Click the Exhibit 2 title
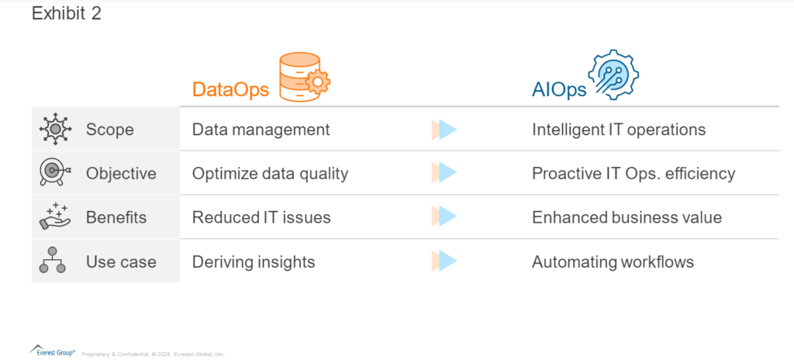coord(67,14)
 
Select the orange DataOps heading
coord(230,90)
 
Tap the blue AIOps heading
coord(559,90)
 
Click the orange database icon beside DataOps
coord(304,77)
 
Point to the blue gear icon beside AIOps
coord(613,75)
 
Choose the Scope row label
coord(110,130)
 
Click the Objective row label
coord(121,174)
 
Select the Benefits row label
coord(116,217)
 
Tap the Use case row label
coord(121,262)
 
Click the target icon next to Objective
coord(55,173)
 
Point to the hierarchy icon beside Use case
coord(52,260)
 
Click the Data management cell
coord(261,130)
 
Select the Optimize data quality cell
coord(270,174)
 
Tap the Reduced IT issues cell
coord(261,217)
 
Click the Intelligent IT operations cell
coord(619,130)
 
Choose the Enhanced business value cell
coord(627,217)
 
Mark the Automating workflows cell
coord(613,262)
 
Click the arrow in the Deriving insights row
coord(444,261)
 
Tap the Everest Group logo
coord(52,351)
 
